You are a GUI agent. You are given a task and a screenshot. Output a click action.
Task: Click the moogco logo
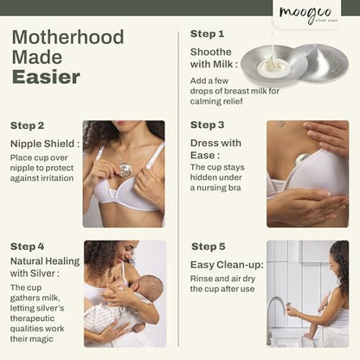[305, 15]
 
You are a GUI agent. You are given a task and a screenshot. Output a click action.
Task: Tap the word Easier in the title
[46, 77]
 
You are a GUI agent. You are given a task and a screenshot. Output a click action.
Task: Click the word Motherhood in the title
[68, 37]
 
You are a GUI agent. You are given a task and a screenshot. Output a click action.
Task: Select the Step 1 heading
[207, 34]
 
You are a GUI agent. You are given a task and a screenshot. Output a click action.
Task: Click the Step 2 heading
[27, 125]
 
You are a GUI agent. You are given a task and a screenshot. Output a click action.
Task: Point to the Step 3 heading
[207, 125]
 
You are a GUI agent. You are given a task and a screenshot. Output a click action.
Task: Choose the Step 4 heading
[27, 247]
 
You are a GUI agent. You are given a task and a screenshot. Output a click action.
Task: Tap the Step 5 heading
[208, 247]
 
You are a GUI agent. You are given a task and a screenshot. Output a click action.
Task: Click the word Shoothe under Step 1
[210, 52]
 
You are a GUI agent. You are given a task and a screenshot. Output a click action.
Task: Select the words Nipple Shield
[42, 144]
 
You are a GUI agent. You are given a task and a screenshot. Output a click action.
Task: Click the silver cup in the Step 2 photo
[125, 170]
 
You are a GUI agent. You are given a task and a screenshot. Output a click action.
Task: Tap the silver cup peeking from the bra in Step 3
[302, 159]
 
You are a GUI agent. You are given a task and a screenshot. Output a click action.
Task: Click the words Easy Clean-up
[227, 265]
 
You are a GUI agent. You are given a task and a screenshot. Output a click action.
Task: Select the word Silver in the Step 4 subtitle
[42, 273]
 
